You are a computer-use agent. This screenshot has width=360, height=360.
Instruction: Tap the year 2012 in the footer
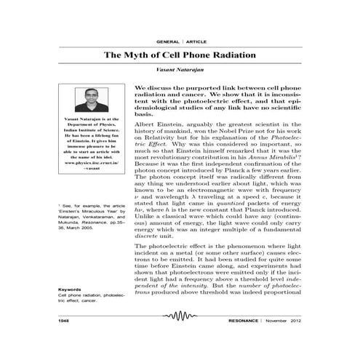tap(298, 320)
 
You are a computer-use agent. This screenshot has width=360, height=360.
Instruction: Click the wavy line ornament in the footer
tap(180, 320)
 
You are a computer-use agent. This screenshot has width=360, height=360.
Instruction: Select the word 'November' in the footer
tap(275, 320)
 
